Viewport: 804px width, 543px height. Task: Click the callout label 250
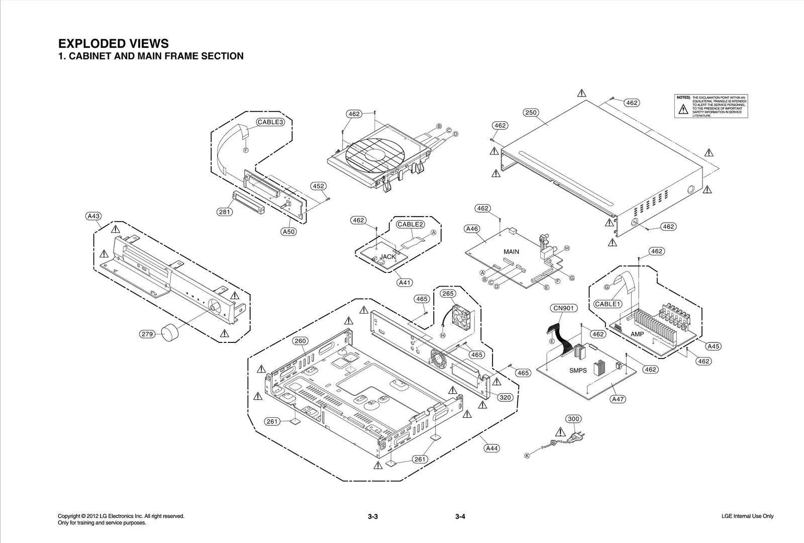point(531,113)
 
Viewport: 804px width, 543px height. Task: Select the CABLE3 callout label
point(271,122)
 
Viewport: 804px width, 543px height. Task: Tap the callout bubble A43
point(93,216)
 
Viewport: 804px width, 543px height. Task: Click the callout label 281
point(224,212)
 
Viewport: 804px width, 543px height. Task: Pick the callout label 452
point(318,186)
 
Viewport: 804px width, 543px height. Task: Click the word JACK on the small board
point(387,256)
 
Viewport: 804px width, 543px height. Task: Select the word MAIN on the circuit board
point(511,251)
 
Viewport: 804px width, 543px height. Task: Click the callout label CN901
point(563,308)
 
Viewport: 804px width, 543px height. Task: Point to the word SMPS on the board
point(578,371)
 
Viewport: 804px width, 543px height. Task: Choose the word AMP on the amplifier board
point(637,334)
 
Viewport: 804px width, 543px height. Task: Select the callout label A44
point(492,448)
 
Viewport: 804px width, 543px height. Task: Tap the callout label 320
point(505,397)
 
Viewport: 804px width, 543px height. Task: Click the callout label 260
point(300,341)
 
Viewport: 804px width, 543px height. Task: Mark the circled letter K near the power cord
point(527,456)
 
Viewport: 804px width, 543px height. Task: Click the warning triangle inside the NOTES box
point(683,110)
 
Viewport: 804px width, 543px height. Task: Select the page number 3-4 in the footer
point(460,517)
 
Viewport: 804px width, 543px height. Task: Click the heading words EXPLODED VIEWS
point(114,43)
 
